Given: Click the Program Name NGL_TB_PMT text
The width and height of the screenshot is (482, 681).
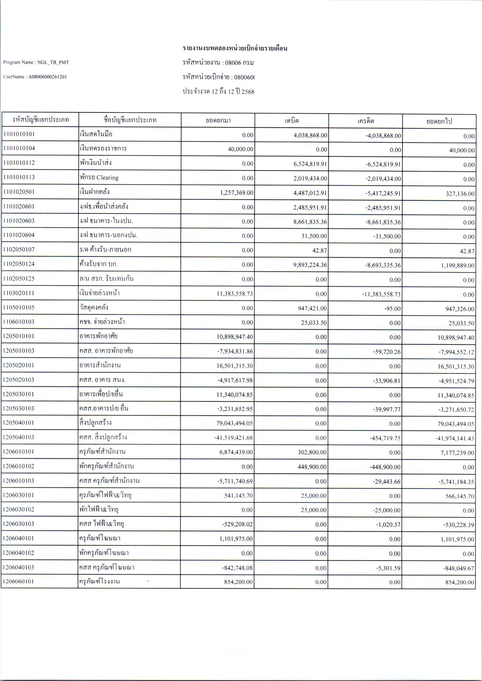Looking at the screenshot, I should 36,62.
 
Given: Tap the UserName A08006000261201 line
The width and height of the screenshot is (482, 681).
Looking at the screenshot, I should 35,77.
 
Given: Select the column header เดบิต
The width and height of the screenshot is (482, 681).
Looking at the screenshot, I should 292,121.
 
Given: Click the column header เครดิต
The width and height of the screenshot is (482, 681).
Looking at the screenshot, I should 365,121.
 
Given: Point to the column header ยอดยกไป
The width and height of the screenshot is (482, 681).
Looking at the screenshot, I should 439,121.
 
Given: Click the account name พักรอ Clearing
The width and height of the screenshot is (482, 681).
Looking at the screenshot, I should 99,177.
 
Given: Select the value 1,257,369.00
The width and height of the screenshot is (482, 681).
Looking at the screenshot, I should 236,193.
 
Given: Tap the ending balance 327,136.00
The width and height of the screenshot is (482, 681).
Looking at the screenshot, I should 460,194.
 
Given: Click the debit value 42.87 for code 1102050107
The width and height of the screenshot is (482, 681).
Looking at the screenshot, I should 319,251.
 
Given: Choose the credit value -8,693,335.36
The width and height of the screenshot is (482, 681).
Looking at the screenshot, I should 383,265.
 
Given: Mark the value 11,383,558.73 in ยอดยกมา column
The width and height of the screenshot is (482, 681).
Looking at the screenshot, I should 234,294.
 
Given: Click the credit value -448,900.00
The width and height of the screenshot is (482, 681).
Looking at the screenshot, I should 385,467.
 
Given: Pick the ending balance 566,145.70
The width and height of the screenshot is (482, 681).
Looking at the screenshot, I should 460,496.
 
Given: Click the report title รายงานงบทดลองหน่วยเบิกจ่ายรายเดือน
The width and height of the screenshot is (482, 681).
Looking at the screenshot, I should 235,48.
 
